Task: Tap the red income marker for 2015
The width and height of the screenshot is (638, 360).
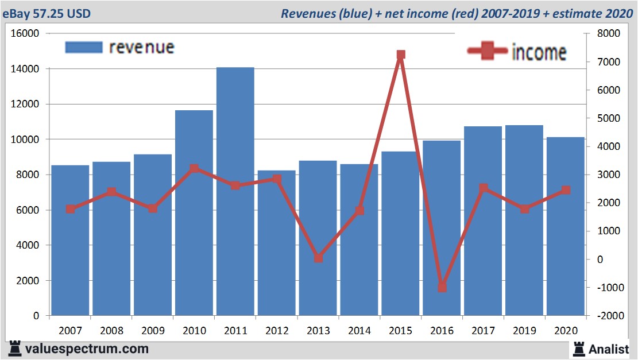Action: click(x=401, y=55)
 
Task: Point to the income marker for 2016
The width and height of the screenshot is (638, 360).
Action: click(x=442, y=287)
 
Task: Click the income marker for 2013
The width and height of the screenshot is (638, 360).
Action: click(x=318, y=258)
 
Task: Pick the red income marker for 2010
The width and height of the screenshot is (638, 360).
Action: click(x=194, y=169)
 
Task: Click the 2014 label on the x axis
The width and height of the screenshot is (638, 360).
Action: click(x=359, y=331)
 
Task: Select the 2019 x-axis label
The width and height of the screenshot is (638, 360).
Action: click(x=524, y=331)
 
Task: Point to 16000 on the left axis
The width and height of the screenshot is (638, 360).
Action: click(x=25, y=34)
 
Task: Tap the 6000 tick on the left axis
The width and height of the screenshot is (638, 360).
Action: click(x=28, y=210)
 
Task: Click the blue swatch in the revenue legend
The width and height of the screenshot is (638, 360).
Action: click(x=84, y=47)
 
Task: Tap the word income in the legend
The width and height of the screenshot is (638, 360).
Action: click(x=539, y=52)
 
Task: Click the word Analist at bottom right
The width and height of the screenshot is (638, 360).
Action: click(x=608, y=349)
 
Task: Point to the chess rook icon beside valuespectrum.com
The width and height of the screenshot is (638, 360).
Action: click(x=14, y=348)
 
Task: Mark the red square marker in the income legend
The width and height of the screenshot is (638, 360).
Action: click(x=489, y=52)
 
